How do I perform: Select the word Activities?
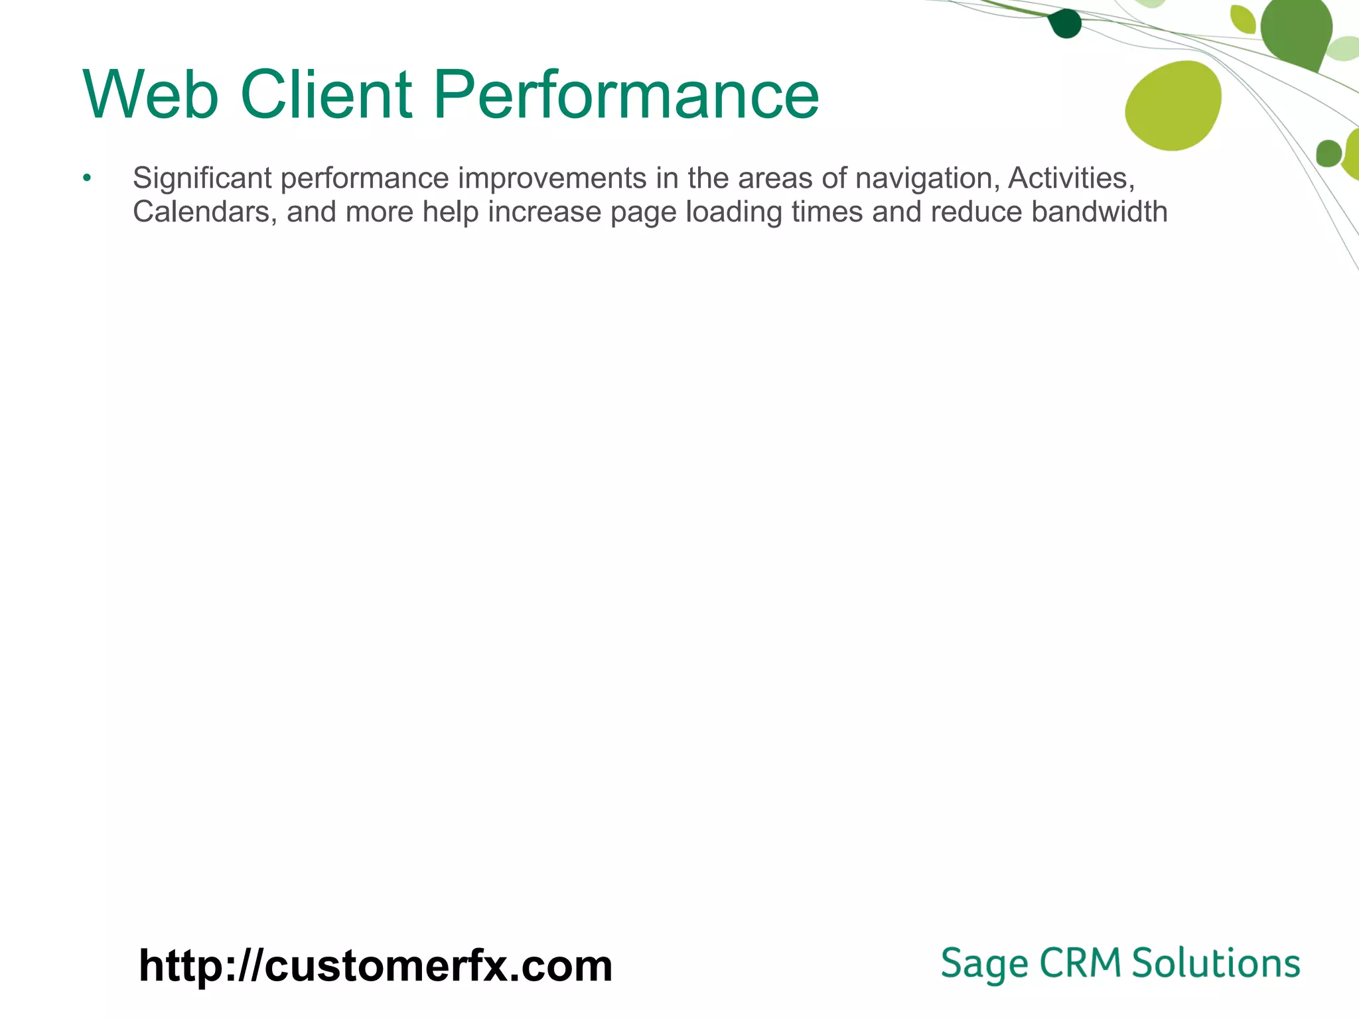(1070, 178)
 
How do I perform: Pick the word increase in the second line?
(544, 212)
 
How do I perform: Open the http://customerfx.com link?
(376, 966)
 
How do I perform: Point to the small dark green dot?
(1065, 24)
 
